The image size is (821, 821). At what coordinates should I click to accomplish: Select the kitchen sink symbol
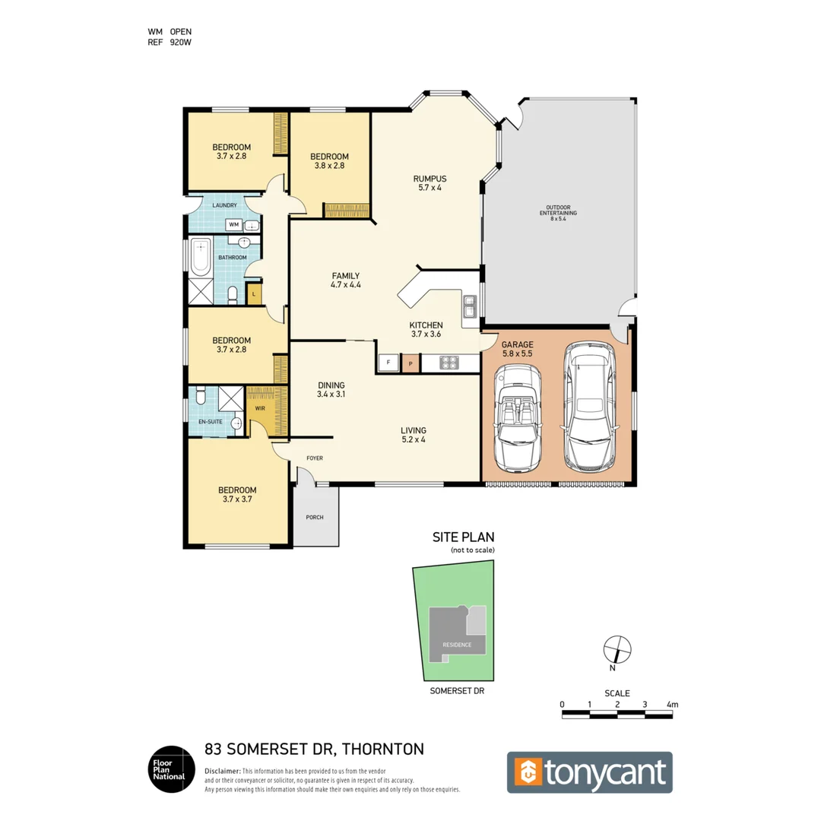pyautogui.click(x=469, y=307)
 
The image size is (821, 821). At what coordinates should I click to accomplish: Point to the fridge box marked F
pyautogui.click(x=388, y=363)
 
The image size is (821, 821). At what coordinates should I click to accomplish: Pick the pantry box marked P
pyautogui.click(x=410, y=363)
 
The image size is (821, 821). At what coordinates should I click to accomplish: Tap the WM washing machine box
pyautogui.click(x=234, y=225)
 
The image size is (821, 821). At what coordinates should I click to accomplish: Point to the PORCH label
pyautogui.click(x=315, y=518)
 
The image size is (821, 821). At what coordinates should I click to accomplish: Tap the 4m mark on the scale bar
pyautogui.click(x=671, y=705)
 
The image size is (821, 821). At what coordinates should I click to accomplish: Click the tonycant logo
pyautogui.click(x=590, y=772)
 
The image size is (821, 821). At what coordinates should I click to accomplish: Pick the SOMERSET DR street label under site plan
pyautogui.click(x=456, y=692)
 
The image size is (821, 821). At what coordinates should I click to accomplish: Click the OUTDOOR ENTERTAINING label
pyautogui.click(x=559, y=211)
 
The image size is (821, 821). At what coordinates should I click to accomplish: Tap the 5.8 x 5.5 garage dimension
pyautogui.click(x=517, y=354)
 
